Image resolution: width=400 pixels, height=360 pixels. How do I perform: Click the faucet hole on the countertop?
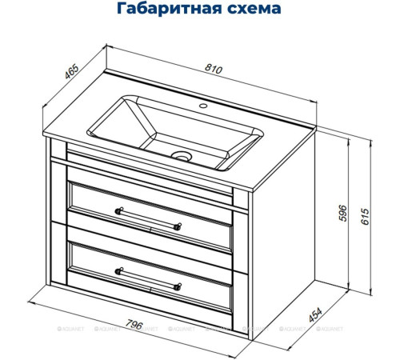click(x=203, y=106)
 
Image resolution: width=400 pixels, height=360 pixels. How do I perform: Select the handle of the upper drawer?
click(x=149, y=218)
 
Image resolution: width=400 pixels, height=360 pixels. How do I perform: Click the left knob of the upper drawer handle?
click(x=120, y=210)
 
